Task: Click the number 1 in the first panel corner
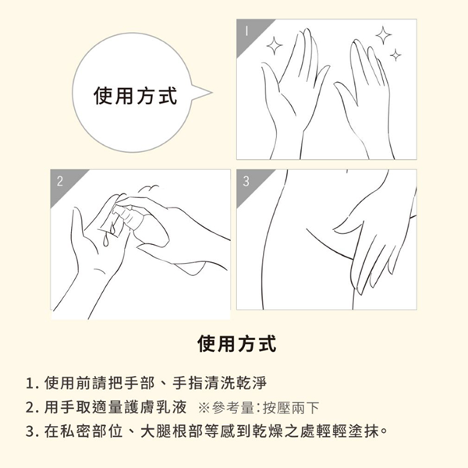pos(246,30)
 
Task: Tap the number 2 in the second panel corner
pos(60,181)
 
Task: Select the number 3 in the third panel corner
pos(246,181)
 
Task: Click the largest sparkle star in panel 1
pos(384,35)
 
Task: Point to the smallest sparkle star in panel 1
pos(395,55)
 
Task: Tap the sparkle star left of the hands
pos(275,46)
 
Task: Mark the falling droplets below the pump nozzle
pos(108,234)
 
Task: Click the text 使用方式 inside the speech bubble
pos(135,96)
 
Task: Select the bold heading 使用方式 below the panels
pos(236,344)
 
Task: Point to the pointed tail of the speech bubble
pos(211,92)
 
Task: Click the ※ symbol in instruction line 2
pos(204,408)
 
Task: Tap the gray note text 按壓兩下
pos(290,408)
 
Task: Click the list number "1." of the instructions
pos(33,383)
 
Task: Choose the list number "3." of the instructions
pos(33,431)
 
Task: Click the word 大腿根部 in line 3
pos(172,431)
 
